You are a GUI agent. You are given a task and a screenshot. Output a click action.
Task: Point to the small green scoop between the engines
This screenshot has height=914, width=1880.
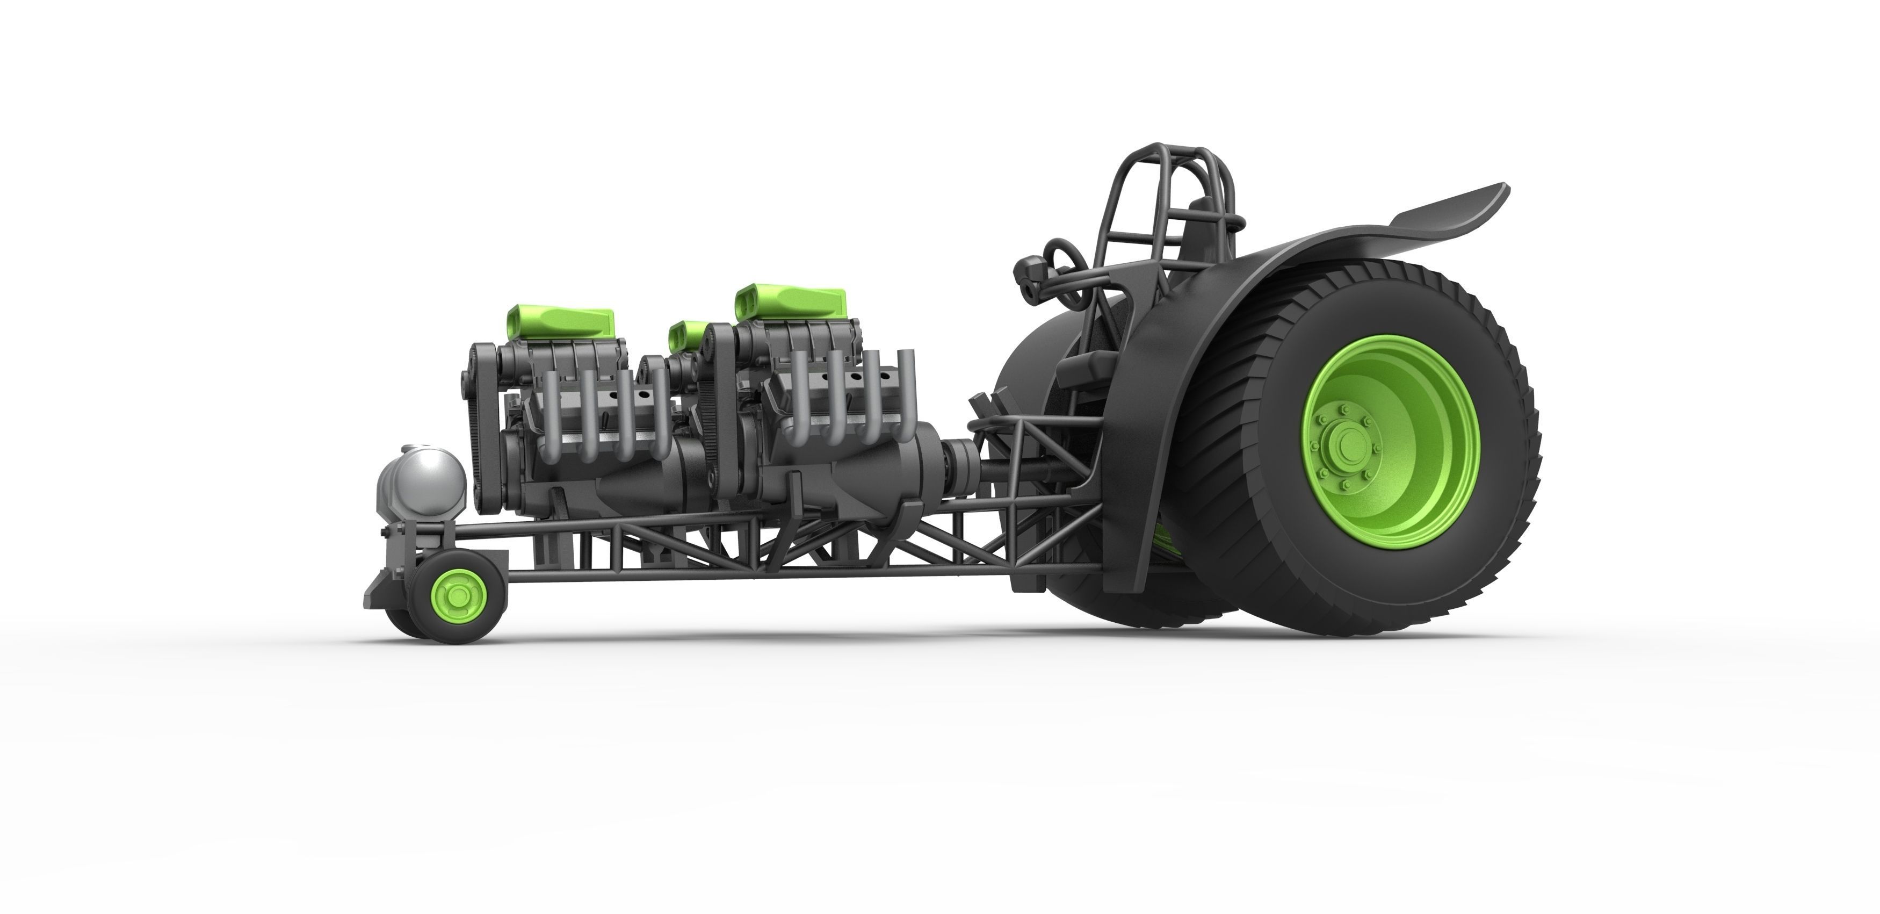click(686, 336)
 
